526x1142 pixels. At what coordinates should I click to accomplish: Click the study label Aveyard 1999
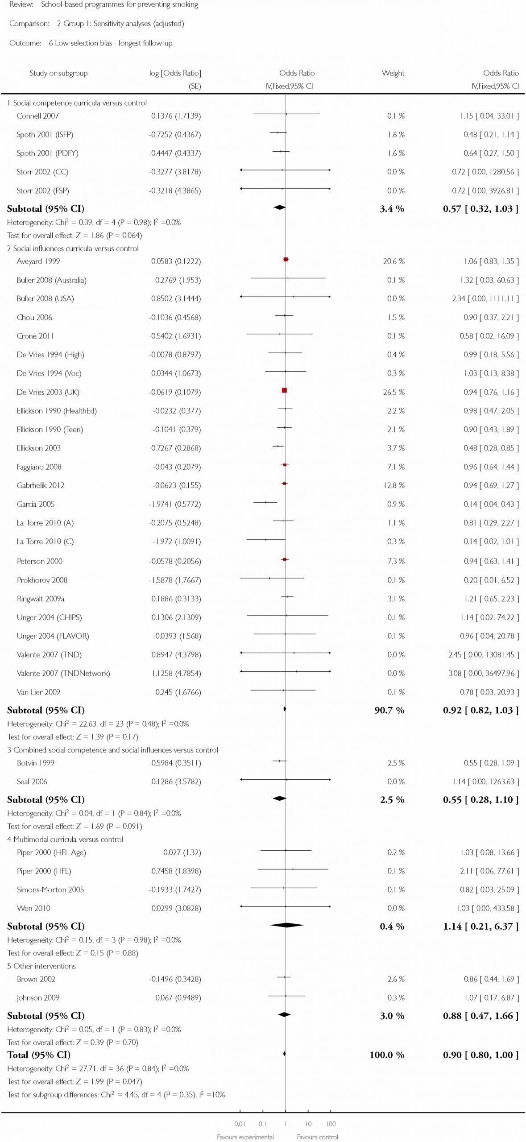38,261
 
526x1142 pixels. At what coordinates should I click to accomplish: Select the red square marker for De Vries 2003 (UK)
284,390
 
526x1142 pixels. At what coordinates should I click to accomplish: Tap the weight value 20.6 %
393,261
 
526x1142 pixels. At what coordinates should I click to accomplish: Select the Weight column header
393,73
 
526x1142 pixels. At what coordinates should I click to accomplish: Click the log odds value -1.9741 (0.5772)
175,504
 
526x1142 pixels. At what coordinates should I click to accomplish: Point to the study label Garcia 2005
36,504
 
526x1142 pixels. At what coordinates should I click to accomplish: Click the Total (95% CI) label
39,1055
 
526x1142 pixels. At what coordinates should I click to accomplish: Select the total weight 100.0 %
387,1055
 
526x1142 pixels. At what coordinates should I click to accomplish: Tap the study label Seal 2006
32,782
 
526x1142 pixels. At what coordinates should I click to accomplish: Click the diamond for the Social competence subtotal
279,207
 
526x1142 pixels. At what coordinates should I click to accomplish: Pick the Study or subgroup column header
58,73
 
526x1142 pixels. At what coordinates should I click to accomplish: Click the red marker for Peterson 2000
285,559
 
